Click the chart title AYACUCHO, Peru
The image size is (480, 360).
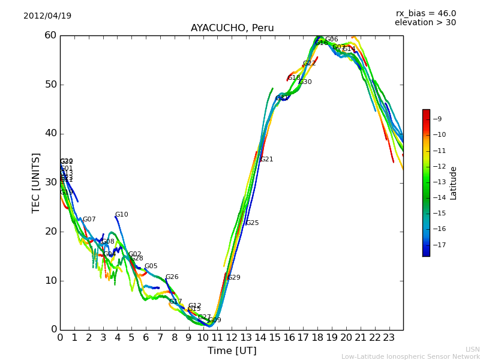[232, 28]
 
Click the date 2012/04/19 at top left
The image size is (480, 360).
[47, 16]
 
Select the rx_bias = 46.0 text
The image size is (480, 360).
[425, 13]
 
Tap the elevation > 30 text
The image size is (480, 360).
[425, 23]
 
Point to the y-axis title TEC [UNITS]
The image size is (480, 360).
[36, 182]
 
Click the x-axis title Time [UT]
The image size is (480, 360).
[232, 350]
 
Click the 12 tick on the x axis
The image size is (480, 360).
[232, 337]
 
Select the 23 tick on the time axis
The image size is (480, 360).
[389, 337]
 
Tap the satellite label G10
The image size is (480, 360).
[122, 215]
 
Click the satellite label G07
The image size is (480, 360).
[89, 220]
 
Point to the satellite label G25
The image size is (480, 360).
[253, 223]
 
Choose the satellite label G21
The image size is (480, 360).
[267, 160]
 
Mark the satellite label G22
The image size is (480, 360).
[310, 64]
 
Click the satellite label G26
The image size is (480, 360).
[172, 277]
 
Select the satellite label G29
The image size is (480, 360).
[234, 278]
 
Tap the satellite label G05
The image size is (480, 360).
[151, 266]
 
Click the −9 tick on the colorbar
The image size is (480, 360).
[438, 119]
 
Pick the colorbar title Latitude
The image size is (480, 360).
[454, 183]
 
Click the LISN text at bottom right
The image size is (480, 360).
[473, 349]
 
